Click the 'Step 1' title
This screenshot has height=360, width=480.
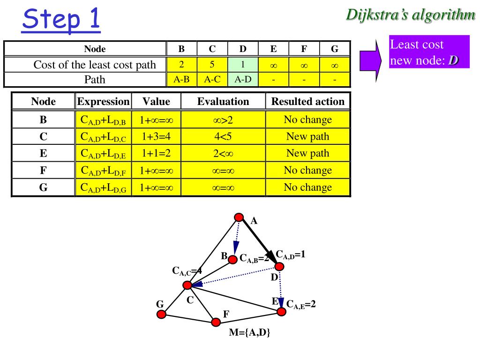click(61, 20)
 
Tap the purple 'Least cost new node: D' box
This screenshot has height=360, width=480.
click(429, 52)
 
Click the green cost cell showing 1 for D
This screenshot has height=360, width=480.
click(243, 64)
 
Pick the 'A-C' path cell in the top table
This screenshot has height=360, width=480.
click(212, 79)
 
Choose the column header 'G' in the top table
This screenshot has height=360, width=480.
click(334, 49)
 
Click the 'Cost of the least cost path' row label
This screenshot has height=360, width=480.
click(94, 65)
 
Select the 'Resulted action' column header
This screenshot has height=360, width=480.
click(307, 101)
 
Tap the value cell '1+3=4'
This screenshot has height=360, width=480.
click(156, 137)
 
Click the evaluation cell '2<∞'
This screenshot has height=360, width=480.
click(223, 154)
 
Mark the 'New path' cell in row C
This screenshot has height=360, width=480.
click(307, 137)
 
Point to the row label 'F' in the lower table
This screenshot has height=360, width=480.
click(43, 171)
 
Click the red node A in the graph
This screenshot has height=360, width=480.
click(239, 217)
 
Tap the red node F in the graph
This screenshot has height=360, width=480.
click(216, 322)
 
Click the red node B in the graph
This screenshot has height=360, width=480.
click(233, 259)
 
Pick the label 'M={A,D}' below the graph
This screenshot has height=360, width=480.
click(250, 333)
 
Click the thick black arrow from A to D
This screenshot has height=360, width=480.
click(259, 242)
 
